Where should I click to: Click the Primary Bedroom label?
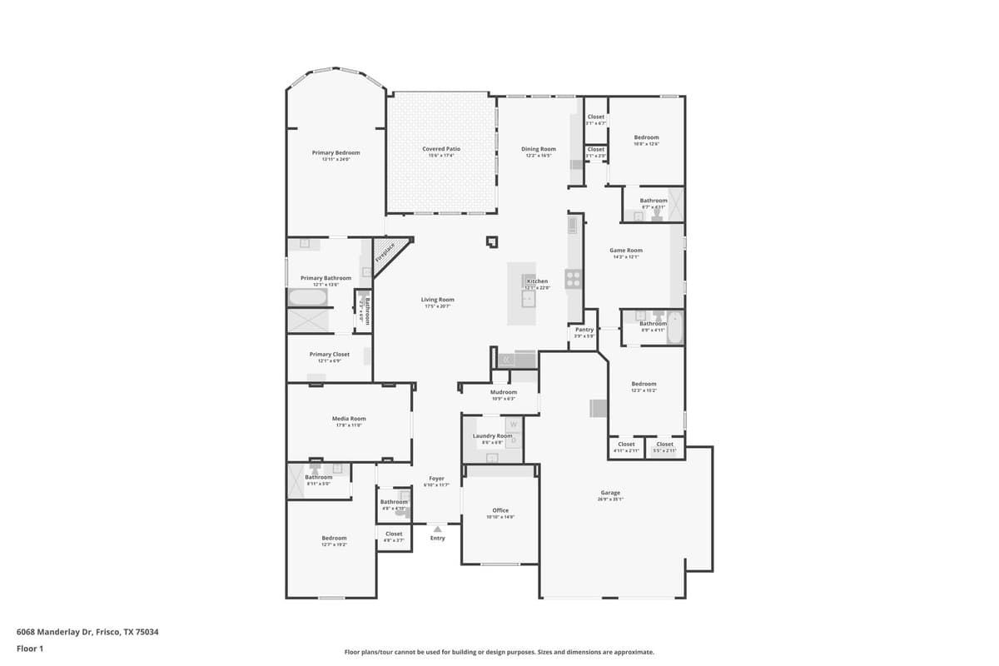pyautogui.click(x=335, y=153)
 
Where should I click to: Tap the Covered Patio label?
pyautogui.click(x=441, y=149)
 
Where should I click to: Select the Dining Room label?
pyautogui.click(x=539, y=149)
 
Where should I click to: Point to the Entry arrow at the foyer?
pyautogui.click(x=437, y=529)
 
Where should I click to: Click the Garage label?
pyautogui.click(x=610, y=493)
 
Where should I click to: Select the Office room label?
pyautogui.click(x=499, y=510)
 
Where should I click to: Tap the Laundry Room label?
pyautogui.click(x=492, y=435)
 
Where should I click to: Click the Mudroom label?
pyautogui.click(x=504, y=392)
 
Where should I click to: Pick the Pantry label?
pyautogui.click(x=584, y=330)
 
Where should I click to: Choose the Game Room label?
pyautogui.click(x=626, y=251)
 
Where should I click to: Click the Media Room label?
pyautogui.click(x=349, y=419)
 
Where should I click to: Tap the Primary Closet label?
pyautogui.click(x=330, y=355)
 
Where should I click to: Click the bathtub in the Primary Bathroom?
pyautogui.click(x=308, y=297)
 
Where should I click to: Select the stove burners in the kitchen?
pyautogui.click(x=574, y=279)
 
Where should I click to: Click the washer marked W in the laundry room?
pyautogui.click(x=513, y=425)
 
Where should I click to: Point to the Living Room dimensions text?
pyautogui.click(x=437, y=307)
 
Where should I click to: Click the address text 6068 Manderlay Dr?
pyautogui.click(x=87, y=632)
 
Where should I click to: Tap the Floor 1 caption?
pyautogui.click(x=29, y=648)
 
